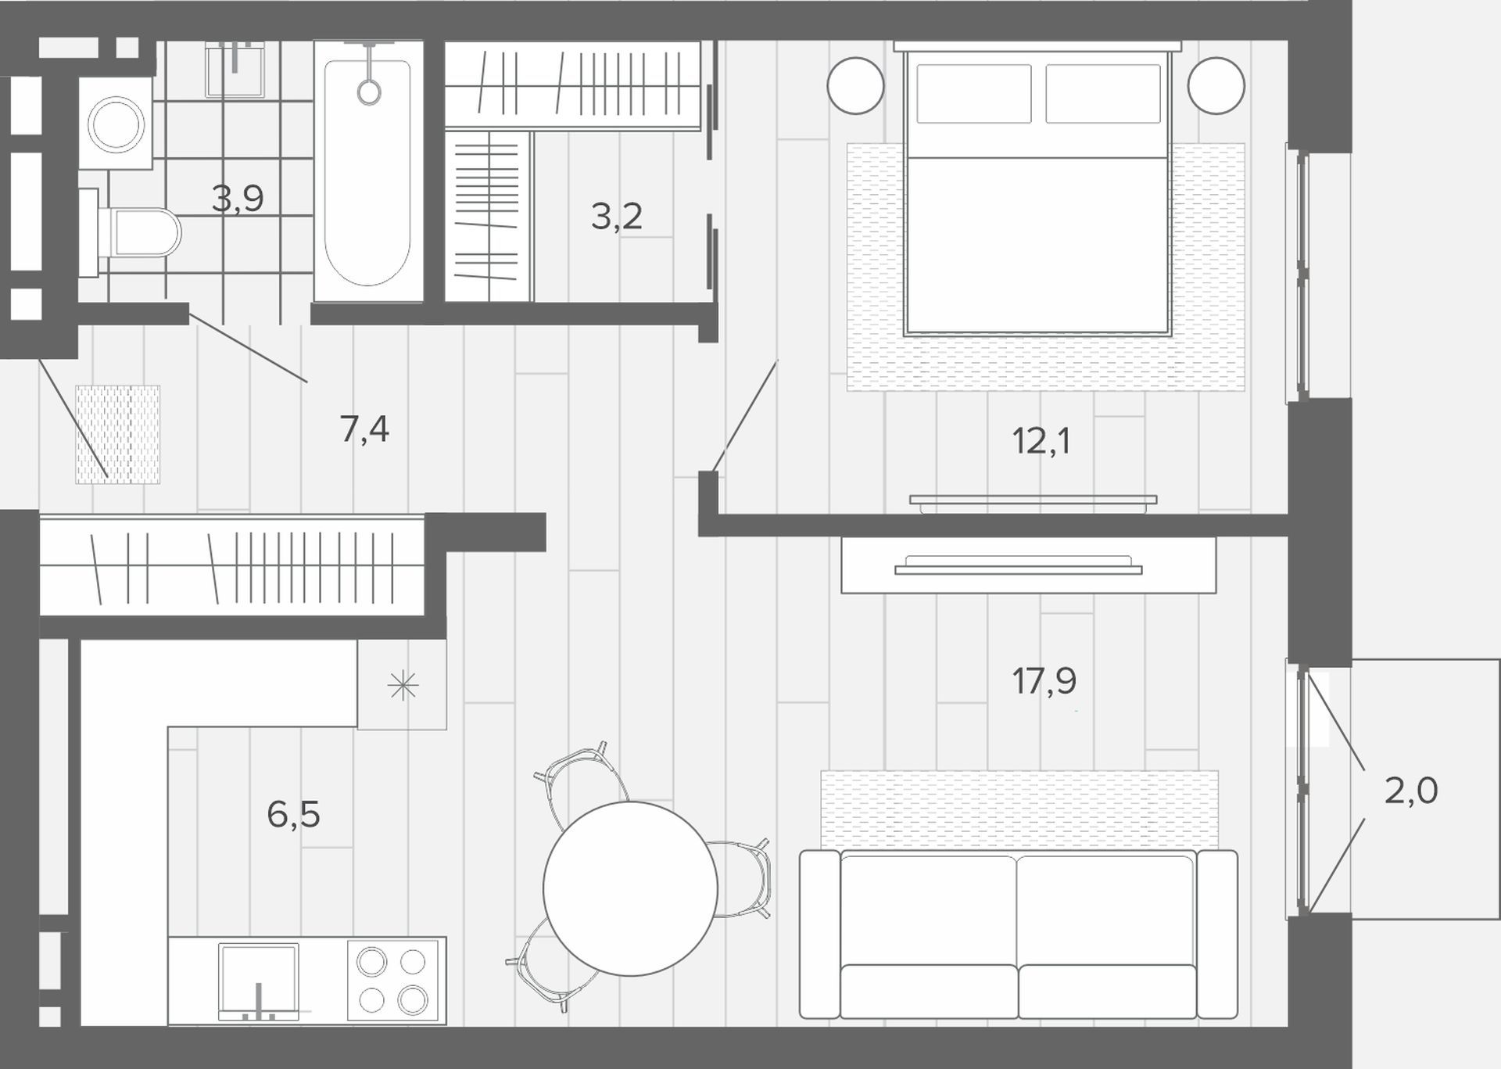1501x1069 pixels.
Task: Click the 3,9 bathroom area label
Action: [238, 199]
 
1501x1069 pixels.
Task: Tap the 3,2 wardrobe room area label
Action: [617, 216]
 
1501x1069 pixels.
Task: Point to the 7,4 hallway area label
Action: [364, 429]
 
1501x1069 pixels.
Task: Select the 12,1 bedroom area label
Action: [1041, 442]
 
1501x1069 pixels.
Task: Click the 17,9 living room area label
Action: [1044, 681]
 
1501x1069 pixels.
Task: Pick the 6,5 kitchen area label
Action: [293, 815]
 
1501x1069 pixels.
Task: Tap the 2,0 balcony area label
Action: [1411, 791]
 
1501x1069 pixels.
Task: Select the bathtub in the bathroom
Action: [368, 171]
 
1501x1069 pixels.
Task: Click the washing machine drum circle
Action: [116, 124]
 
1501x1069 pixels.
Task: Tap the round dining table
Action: [630, 888]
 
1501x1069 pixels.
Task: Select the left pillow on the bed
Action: [974, 94]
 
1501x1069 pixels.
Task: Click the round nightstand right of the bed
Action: [1216, 85]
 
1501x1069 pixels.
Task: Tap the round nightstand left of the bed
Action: [856, 85]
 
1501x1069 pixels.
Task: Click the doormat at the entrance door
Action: [118, 434]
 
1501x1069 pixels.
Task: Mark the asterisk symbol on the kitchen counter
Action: [403, 686]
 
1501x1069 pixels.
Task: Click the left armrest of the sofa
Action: [819, 934]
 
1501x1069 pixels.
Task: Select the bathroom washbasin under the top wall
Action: [235, 70]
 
